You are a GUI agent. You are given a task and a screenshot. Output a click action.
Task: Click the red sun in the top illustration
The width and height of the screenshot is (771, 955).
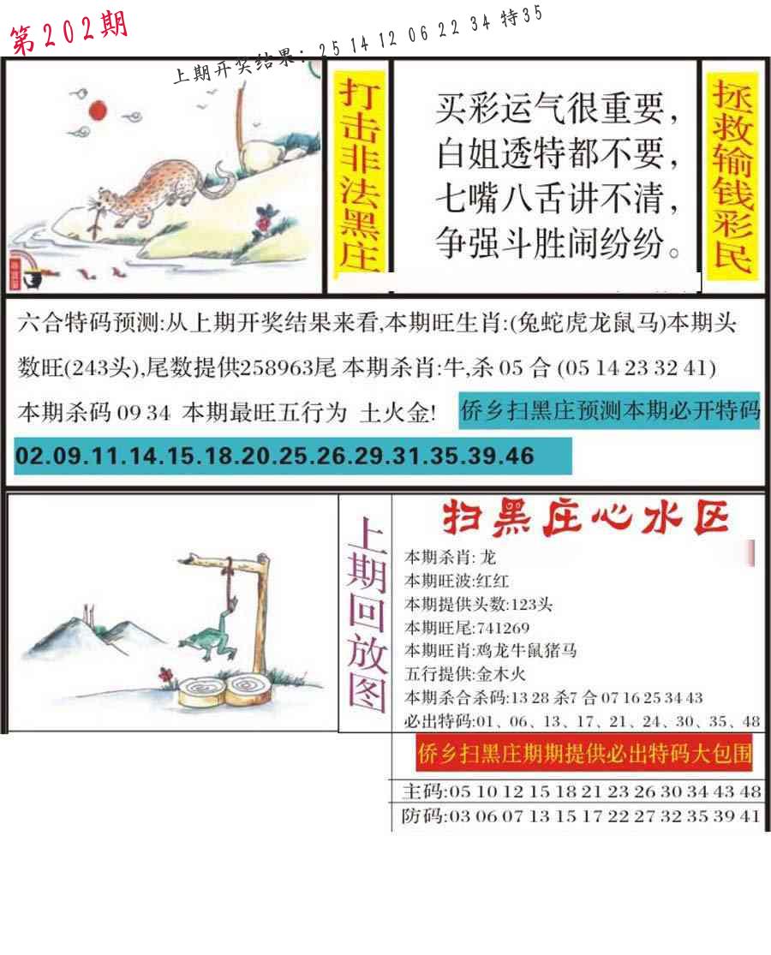pos(98,110)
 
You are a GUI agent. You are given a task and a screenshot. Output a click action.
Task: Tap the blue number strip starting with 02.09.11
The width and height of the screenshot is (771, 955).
pos(293,456)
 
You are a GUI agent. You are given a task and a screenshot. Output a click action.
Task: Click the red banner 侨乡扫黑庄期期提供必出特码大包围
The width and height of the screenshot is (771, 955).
pos(584,754)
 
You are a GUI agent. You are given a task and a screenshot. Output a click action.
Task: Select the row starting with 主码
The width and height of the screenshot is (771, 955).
pos(582,791)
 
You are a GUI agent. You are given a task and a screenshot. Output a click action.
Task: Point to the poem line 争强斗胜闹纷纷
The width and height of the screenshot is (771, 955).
pos(557,243)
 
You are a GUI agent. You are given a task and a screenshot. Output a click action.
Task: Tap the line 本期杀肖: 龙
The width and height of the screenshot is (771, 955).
pos(450,557)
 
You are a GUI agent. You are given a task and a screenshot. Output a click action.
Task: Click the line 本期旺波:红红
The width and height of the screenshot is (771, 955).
pos(457,581)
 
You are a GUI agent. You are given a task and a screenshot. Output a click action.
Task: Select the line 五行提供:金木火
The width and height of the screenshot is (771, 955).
pos(464,673)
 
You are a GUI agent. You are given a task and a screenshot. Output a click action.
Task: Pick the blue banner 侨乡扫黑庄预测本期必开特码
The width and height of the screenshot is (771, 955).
pos(610,410)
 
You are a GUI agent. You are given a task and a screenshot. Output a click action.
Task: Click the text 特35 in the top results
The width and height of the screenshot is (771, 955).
pos(522,15)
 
